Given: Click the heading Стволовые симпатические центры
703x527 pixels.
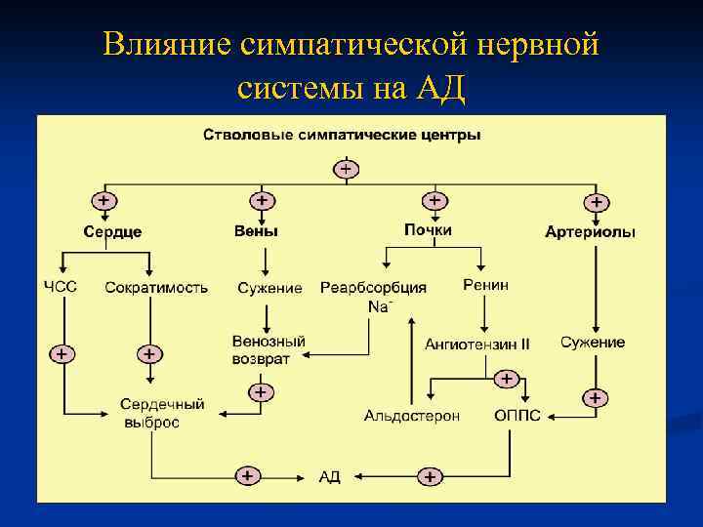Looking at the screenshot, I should pos(341,135).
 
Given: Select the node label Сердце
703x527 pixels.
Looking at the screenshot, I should pos(112,232).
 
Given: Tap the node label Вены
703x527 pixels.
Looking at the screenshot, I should pos(256,231).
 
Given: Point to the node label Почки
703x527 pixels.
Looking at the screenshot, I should pos(428,230).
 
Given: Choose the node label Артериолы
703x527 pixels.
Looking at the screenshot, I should pos(590,232).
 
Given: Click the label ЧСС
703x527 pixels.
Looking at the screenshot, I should pos(61,287).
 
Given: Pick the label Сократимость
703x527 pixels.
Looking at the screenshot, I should pos(156,288).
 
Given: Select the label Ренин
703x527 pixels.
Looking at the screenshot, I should pos(485,285).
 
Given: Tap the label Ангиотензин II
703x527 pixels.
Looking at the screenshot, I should pos(477,344).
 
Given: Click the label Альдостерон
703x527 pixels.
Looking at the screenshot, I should pos(411,416).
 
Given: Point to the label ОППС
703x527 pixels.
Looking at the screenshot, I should pos(517,416).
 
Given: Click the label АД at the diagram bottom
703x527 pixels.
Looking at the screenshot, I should pos(330,477).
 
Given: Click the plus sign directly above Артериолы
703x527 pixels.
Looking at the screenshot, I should pos(596,202).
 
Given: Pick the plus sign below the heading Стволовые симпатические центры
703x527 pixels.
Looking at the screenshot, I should pos(347,169).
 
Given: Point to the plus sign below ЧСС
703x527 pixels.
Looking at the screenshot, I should pos(61,354).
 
